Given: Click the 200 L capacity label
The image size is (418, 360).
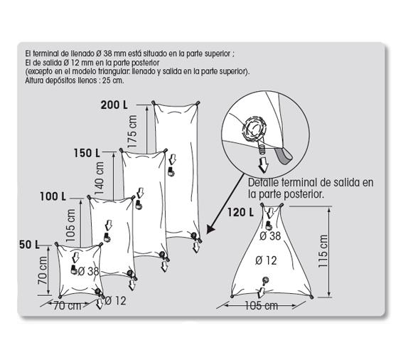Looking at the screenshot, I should [114, 105].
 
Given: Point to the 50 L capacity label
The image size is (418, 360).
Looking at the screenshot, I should [28, 244].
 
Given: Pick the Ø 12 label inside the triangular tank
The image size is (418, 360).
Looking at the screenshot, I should [268, 260].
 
